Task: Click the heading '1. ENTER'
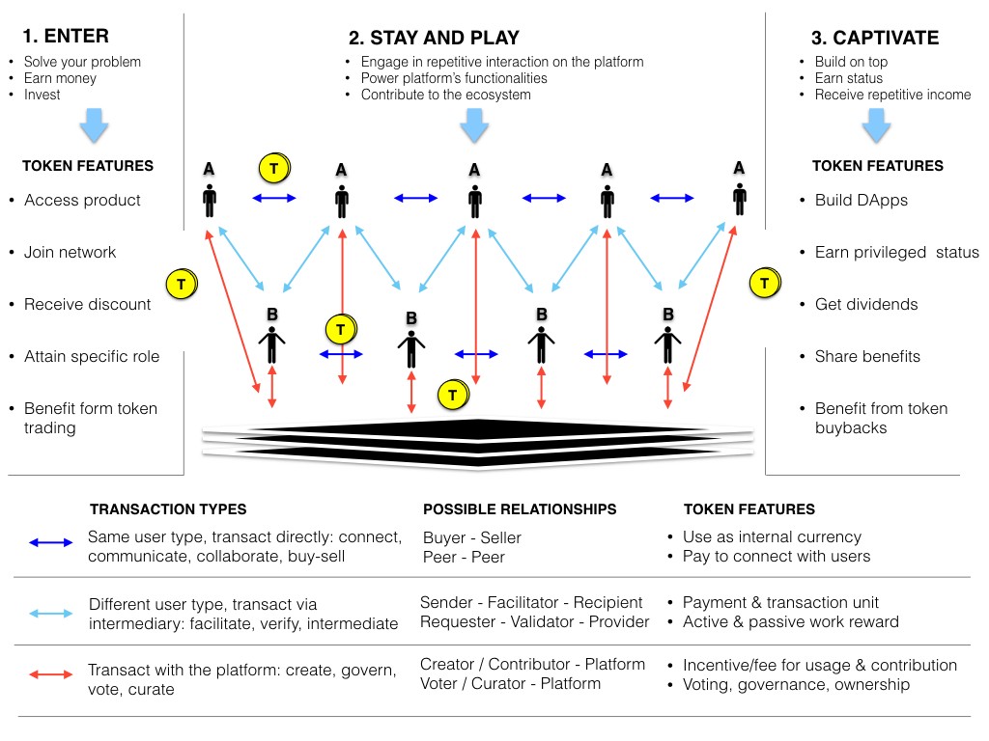point(66,37)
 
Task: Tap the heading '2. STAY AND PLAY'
point(434,39)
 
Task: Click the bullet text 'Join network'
point(70,253)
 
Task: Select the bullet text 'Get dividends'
point(853,305)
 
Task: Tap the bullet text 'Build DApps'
point(855,201)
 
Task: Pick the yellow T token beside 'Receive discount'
point(180,285)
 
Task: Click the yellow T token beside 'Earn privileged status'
point(764,284)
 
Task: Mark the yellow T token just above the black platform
point(452,395)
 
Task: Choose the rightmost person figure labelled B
point(666,343)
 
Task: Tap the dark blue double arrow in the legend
point(52,543)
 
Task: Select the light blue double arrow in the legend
point(52,613)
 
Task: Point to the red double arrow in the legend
point(52,676)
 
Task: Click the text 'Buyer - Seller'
point(472,537)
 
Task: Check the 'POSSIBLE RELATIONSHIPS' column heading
point(520,509)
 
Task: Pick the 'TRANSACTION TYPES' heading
point(168,509)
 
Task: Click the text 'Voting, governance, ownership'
point(796,684)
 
